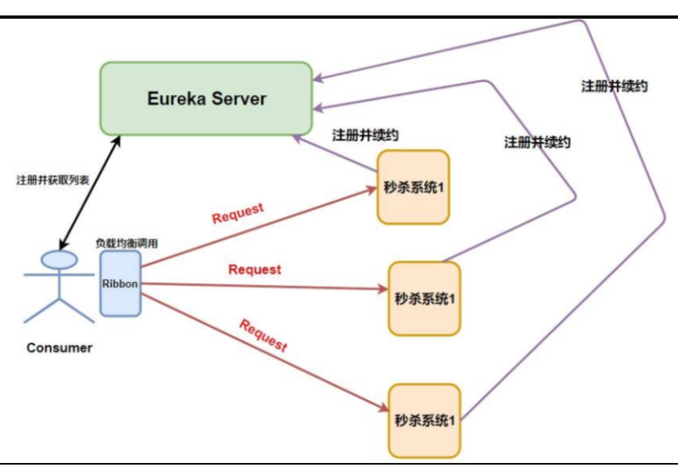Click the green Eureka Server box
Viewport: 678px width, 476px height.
tap(206, 98)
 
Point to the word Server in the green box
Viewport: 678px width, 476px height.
tap(240, 98)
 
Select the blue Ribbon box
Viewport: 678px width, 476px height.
tap(120, 283)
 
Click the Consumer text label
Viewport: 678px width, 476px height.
tap(59, 348)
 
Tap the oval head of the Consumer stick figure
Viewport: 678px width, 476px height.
tap(60, 259)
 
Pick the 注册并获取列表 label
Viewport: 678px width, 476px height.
tap(53, 180)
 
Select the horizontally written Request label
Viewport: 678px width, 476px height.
tap(255, 269)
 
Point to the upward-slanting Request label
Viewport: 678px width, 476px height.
tap(238, 213)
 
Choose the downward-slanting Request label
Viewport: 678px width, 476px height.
tap(263, 335)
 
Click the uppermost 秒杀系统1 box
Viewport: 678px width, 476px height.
tap(413, 187)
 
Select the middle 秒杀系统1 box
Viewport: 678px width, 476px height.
tap(424, 298)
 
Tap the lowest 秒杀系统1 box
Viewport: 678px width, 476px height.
tap(425, 420)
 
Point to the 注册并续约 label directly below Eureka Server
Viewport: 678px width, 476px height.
tap(365, 135)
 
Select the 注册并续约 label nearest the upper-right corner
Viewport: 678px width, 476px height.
tap(615, 85)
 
